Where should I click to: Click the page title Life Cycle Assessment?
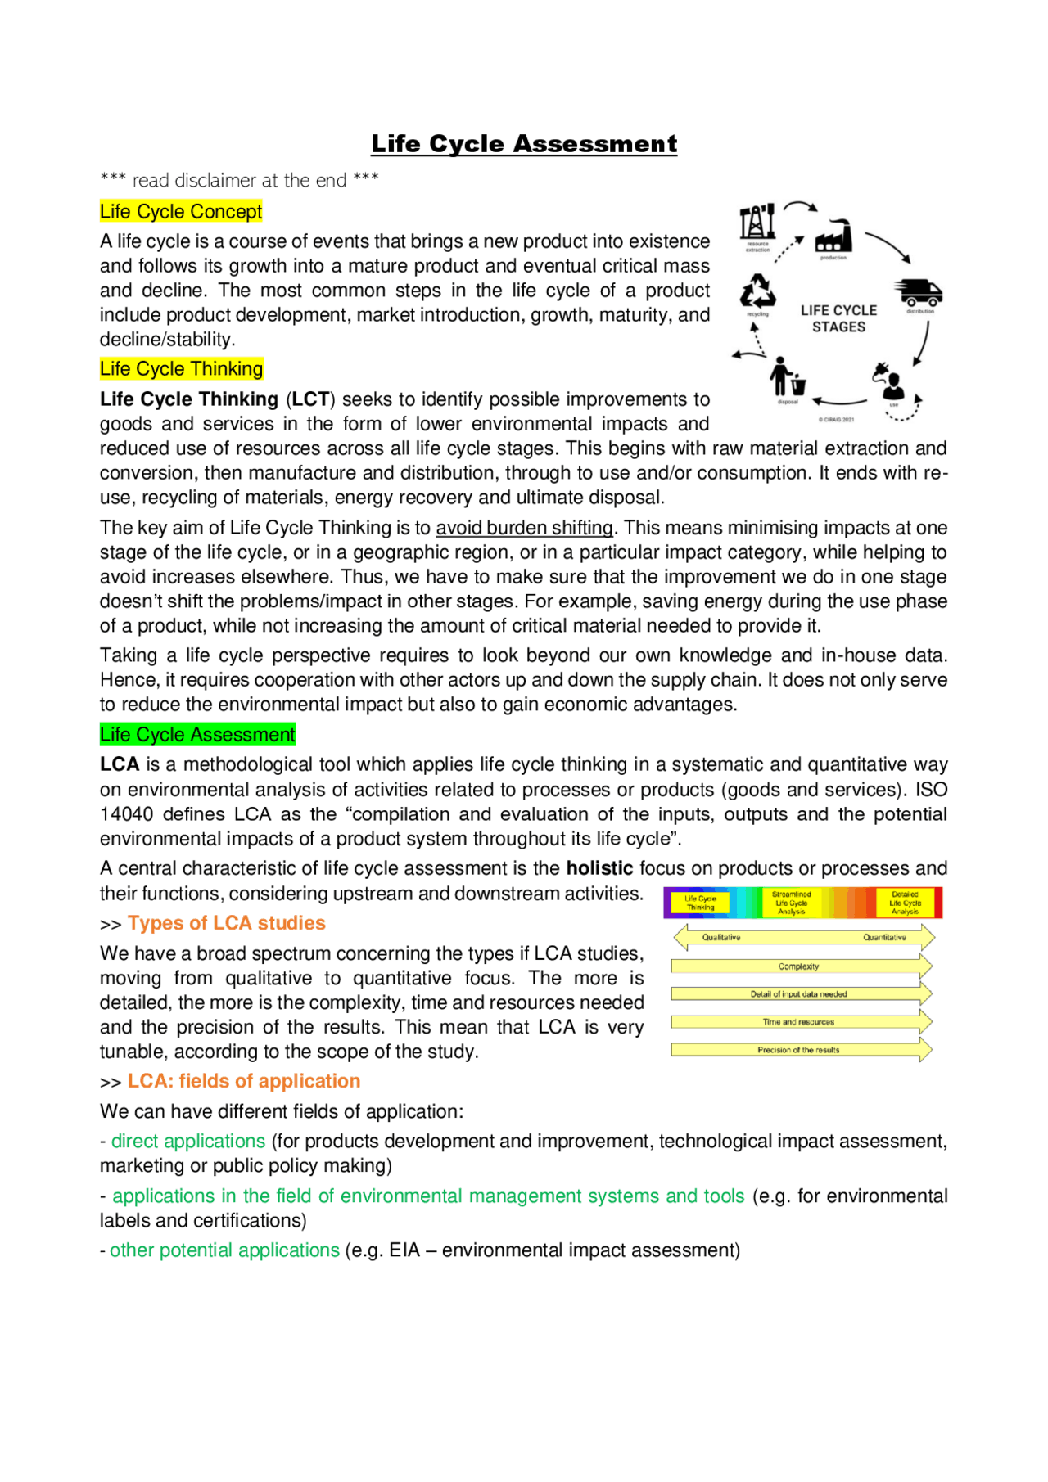point(524,144)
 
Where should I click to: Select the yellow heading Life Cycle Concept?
point(181,212)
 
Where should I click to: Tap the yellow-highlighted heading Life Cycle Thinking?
point(181,369)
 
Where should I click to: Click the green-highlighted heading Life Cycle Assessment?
point(197,735)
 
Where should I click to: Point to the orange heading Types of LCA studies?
point(226,923)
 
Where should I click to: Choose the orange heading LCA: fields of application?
point(243,1081)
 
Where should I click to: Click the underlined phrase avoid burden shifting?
point(524,528)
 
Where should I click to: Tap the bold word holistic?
point(599,868)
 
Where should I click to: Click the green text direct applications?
point(188,1141)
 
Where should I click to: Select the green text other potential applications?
point(224,1250)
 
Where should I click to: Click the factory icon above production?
point(833,237)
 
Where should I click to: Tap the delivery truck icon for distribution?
point(918,292)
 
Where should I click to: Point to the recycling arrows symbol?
point(757,291)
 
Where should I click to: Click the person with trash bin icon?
point(788,377)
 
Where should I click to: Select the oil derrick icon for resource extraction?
point(757,222)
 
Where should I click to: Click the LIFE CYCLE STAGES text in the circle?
point(838,318)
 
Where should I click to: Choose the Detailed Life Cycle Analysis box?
point(906,903)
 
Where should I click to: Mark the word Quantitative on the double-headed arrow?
point(884,938)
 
